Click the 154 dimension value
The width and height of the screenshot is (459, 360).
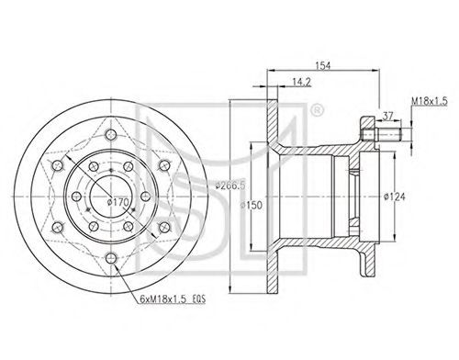(323, 65)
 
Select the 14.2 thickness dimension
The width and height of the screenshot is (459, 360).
(301, 82)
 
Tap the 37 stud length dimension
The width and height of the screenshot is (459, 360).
(388, 116)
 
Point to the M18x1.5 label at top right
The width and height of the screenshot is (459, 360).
(430, 101)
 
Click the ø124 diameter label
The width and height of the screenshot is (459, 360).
(395, 197)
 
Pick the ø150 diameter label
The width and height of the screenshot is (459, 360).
(252, 205)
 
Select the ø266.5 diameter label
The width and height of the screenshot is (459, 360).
(230, 186)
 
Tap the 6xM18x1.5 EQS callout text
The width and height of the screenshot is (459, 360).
(173, 299)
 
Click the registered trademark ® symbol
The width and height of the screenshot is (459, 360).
(317, 111)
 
